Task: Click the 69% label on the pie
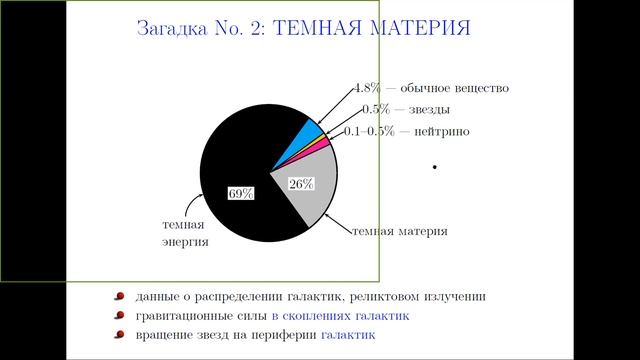tap(240, 194)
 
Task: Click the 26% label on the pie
tap(301, 184)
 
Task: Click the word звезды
tap(428, 109)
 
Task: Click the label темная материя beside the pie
tap(399, 231)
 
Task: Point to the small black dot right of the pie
tap(435, 167)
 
